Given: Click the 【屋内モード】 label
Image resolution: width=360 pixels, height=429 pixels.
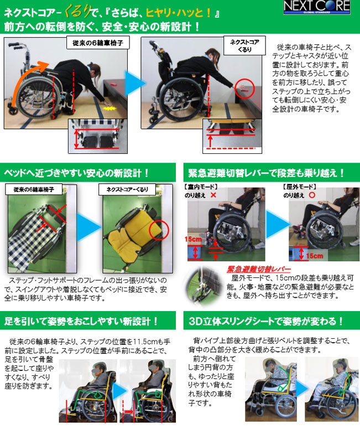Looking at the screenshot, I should click(x=201, y=187).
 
